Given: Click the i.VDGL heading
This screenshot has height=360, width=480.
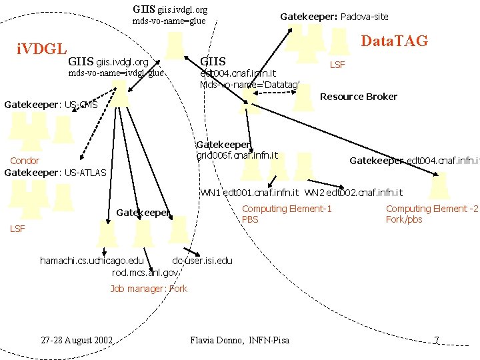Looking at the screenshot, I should click(41, 49).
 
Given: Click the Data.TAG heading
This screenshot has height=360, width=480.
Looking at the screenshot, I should click(393, 42).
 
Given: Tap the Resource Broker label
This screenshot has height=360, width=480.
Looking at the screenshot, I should click(359, 97).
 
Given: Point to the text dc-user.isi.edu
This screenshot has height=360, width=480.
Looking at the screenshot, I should click(203, 261).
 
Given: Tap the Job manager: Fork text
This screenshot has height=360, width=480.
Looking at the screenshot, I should click(149, 289).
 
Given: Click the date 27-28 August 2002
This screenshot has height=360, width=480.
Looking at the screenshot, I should click(77, 340).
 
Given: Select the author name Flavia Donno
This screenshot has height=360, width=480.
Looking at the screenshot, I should click(217, 340).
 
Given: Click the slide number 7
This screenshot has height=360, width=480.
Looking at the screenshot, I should click(435, 341).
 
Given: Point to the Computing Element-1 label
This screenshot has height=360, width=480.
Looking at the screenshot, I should click(287, 209).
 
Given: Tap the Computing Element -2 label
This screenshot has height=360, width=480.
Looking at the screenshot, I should click(432, 209).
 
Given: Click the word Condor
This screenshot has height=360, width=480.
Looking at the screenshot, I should click(25, 161).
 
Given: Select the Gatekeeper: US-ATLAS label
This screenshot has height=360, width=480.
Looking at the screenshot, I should click(55, 173).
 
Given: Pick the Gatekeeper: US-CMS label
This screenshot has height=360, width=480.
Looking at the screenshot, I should click(51, 105).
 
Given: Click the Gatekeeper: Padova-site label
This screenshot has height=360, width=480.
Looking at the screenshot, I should click(334, 16).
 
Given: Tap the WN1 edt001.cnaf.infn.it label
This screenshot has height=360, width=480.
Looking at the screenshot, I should click(251, 193).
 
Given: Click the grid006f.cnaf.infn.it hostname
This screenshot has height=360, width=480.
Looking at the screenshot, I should click(237, 155).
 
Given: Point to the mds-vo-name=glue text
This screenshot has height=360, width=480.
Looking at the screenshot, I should click(169, 21).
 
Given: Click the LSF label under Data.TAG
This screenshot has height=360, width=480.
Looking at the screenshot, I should click(338, 65).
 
